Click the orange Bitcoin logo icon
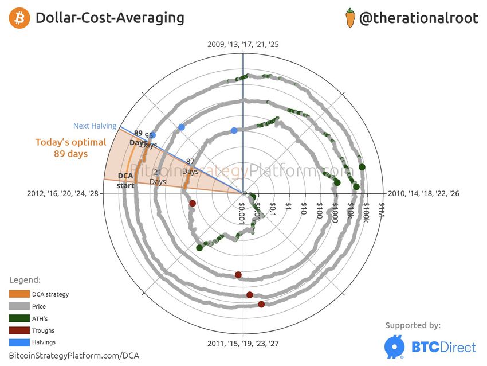point(20,18)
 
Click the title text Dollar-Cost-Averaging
point(110,18)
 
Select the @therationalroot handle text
point(418,18)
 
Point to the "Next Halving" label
point(95,126)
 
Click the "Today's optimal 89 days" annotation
point(70,148)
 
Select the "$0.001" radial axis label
point(242,213)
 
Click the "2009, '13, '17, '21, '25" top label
point(244,44)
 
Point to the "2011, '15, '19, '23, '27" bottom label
point(244,344)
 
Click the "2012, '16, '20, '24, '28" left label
point(64,194)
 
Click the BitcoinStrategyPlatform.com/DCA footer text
point(74,356)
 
